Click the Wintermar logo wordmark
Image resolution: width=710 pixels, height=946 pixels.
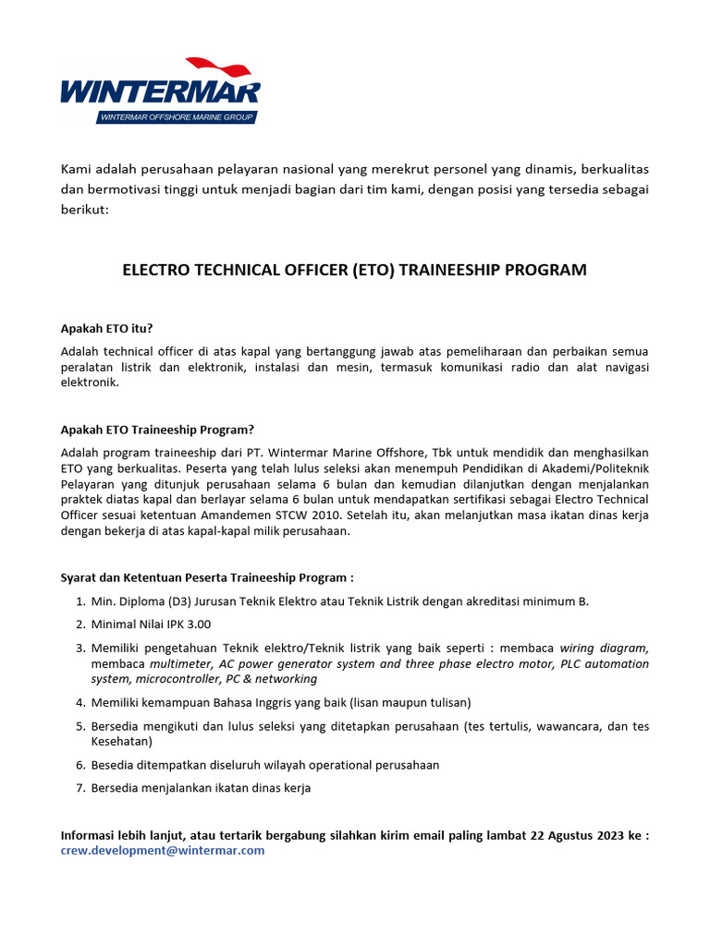(x=160, y=92)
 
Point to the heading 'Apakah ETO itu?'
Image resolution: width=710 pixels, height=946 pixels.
(x=107, y=328)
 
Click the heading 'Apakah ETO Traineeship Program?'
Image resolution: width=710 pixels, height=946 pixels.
(x=157, y=429)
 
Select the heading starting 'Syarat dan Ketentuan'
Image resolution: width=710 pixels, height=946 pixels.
(x=207, y=577)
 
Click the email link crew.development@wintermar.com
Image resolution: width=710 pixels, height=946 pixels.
(x=163, y=850)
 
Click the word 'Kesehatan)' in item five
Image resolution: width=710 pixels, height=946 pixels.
(x=120, y=741)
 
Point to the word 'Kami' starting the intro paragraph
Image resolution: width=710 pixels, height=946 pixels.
(x=78, y=169)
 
